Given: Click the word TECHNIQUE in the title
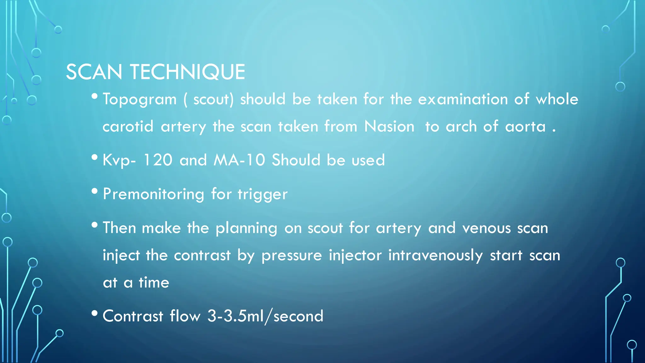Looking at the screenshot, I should [x=188, y=72].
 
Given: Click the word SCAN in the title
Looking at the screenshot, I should [x=94, y=72].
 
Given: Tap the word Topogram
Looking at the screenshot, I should [x=140, y=100].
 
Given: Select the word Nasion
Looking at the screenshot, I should [x=389, y=127].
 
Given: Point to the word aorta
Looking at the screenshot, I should [x=525, y=127].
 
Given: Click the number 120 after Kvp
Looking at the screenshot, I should [x=158, y=160].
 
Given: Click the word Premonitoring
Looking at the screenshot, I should [x=153, y=194].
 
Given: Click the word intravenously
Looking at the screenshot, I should [x=435, y=256].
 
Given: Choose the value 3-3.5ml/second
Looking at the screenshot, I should [x=265, y=316].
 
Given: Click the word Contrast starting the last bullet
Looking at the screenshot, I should [x=133, y=316].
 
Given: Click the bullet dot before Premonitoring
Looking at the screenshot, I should [x=94, y=191].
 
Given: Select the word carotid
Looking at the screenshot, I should [x=128, y=127].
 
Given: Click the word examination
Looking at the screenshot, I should [x=463, y=100].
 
